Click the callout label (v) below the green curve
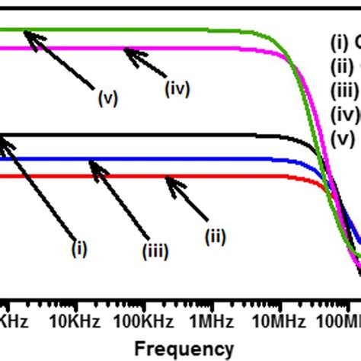point(107,98)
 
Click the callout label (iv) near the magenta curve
point(177,88)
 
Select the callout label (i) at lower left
point(80,248)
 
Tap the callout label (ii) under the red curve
point(216,237)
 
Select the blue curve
point(190,159)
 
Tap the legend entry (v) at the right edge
point(343,139)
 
